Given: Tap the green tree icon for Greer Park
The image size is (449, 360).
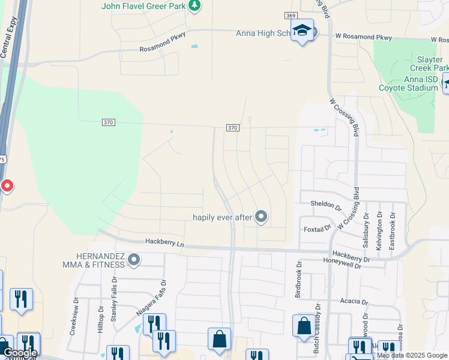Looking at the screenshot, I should (194, 6).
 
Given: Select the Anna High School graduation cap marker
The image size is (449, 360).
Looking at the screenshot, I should (303, 31).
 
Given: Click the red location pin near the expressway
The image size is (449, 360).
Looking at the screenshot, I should (7, 185).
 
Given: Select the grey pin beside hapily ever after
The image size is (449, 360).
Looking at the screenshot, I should (261, 217).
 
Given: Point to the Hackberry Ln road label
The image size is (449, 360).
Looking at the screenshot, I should (164, 242).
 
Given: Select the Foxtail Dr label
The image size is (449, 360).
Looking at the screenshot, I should (317, 228).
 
